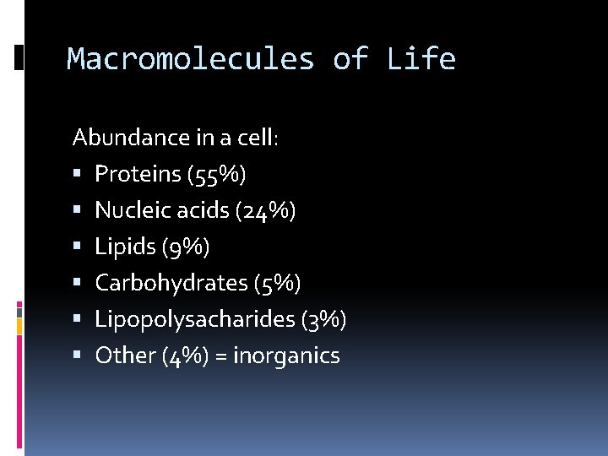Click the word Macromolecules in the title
coord(190,59)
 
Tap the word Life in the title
coord(421,59)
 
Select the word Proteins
coord(138,174)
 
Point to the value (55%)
coord(218,175)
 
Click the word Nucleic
coord(128,210)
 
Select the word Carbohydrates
coord(171,283)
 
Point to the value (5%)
coord(277,284)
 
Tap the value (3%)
coord(323,320)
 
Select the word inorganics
coord(286,356)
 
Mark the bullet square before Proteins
coord(77,175)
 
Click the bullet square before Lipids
coord(77,247)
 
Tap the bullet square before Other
coord(77,356)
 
